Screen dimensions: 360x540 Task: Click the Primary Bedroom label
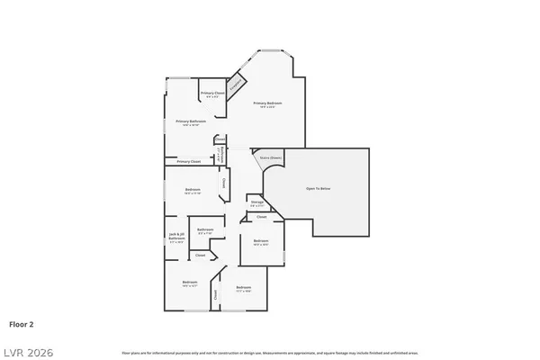pyautogui.click(x=267, y=104)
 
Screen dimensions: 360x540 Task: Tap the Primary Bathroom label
pyautogui.click(x=191, y=122)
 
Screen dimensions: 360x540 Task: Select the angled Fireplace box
pyautogui.click(x=236, y=85)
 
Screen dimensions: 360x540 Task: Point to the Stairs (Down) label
pyautogui.click(x=270, y=157)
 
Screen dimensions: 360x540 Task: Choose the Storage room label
pyautogui.click(x=256, y=204)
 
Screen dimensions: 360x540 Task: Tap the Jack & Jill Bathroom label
pyautogui.click(x=176, y=238)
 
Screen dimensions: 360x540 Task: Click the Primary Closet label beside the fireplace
pyautogui.click(x=212, y=94)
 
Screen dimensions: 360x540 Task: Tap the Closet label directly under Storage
pyautogui.click(x=261, y=217)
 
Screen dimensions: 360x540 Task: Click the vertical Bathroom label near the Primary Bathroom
pyautogui.click(x=220, y=155)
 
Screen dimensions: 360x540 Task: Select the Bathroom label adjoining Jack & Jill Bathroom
pyautogui.click(x=205, y=230)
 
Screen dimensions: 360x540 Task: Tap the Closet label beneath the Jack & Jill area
pyautogui.click(x=201, y=256)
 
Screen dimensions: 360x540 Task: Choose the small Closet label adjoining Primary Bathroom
pyautogui.click(x=220, y=139)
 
